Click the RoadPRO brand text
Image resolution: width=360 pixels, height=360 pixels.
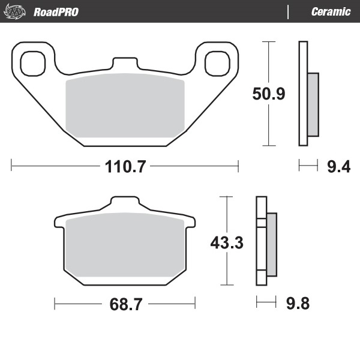56,11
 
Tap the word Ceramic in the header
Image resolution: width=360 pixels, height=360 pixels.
331,11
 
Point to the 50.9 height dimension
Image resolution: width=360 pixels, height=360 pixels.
268,94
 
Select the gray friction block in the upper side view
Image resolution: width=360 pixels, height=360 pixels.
313,104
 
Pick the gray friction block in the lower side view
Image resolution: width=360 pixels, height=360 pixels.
272,243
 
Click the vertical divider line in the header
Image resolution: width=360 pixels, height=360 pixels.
289,11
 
